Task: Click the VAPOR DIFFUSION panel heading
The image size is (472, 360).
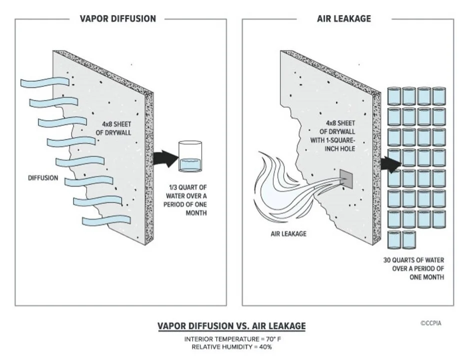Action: coord(118,18)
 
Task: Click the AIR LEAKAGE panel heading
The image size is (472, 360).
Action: coord(344,18)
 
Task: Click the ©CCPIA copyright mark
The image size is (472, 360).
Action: coord(430,323)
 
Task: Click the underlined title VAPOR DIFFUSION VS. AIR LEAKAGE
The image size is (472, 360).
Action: coord(231,326)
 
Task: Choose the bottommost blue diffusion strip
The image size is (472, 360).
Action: coord(103,220)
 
